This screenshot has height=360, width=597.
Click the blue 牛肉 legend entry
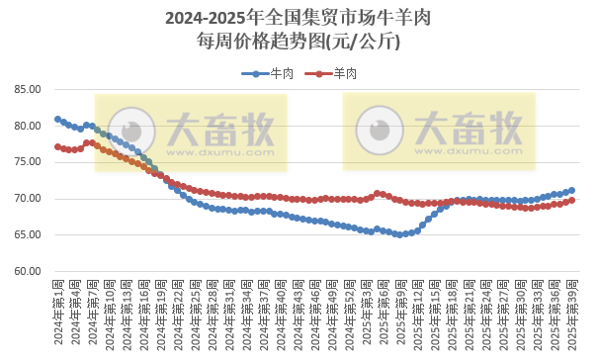268,73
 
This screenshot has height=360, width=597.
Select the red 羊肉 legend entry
331,73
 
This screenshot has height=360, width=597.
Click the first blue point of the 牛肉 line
57,119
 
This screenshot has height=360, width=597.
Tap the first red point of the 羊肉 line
57,146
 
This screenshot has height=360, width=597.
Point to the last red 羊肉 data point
572,200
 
